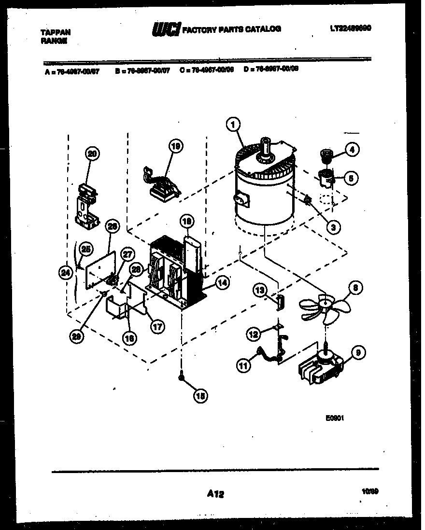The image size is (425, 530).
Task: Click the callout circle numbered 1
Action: click(233, 125)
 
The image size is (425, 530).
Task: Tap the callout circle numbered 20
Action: click(91, 154)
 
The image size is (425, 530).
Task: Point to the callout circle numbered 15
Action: click(198, 395)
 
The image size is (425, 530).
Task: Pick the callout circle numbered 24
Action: click(64, 272)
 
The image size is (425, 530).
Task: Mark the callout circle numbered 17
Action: click(156, 327)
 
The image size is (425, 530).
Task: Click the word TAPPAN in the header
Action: click(56, 32)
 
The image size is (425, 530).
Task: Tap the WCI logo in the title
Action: click(166, 30)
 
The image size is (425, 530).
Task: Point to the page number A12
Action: click(215, 493)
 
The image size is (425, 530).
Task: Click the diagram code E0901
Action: click(334, 419)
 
